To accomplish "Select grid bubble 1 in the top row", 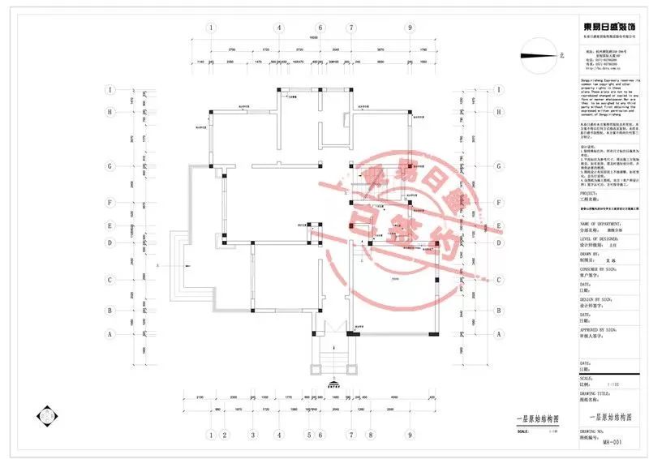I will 212,28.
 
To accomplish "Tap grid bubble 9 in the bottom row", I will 411,435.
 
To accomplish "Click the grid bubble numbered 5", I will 309,435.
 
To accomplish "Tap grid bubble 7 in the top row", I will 350,28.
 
